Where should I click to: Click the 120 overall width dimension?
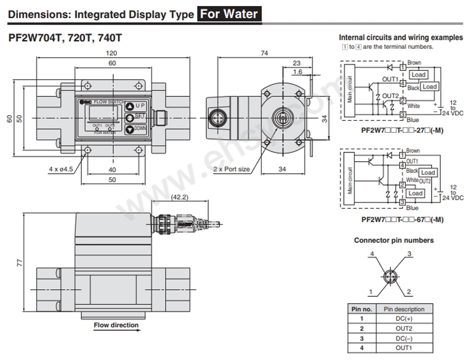112,53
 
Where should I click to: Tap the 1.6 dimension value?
298,71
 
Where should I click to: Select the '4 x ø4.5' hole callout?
60,169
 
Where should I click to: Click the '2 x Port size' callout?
232,169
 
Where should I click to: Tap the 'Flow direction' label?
116,325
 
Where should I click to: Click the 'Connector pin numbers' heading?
394,240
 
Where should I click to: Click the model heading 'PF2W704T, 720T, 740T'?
66,38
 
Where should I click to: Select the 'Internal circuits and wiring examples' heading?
400,38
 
